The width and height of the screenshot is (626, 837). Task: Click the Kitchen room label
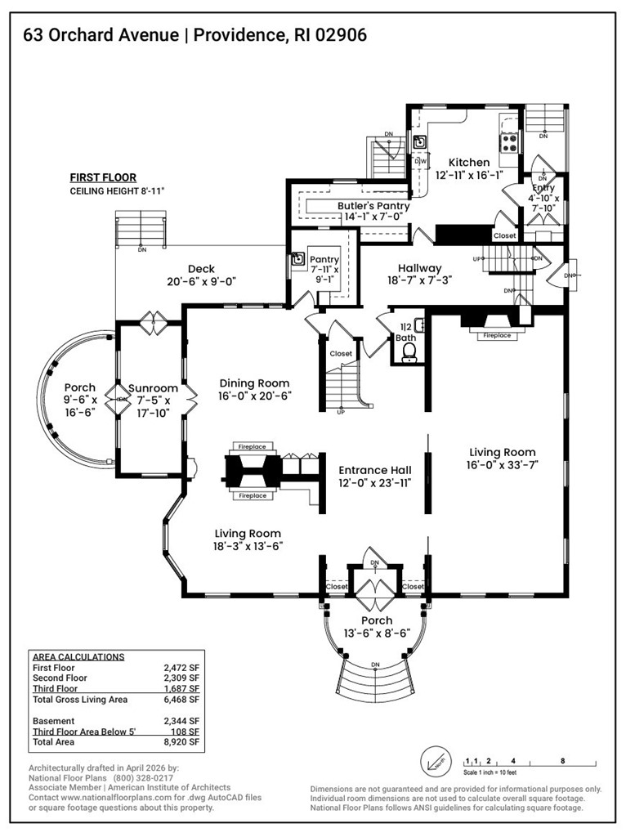(x=462, y=163)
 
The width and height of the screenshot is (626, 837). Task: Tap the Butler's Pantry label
(x=373, y=207)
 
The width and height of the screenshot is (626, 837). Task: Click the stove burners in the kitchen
(x=508, y=143)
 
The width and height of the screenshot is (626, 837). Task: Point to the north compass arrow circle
(x=436, y=764)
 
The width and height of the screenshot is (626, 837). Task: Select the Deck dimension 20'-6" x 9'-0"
(x=200, y=282)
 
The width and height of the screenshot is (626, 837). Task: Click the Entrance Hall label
(x=375, y=470)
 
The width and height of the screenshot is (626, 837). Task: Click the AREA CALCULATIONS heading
(x=78, y=656)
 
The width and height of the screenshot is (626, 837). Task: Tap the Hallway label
(x=419, y=268)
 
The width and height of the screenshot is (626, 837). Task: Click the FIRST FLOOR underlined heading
(x=103, y=177)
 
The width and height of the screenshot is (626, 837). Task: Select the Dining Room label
(x=255, y=383)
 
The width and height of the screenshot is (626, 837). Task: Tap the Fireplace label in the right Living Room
(x=496, y=335)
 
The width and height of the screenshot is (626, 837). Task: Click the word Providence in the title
(x=242, y=34)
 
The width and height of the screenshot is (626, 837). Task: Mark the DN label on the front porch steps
(x=375, y=664)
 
